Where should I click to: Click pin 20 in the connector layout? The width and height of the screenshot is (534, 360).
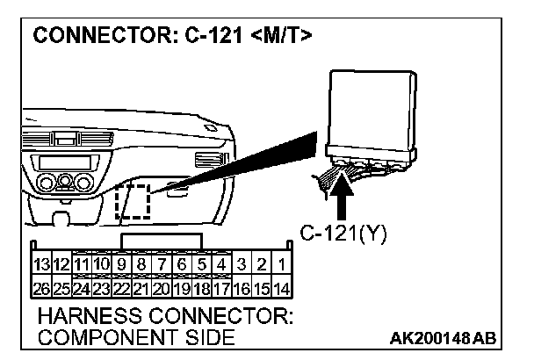coord(160,286)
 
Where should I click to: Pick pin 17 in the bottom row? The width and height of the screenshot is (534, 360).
coord(222,286)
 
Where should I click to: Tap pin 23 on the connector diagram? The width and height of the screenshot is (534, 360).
coord(100,286)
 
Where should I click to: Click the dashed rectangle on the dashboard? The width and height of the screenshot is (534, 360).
coord(133,202)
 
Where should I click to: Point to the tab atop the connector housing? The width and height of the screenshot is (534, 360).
coord(162,241)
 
